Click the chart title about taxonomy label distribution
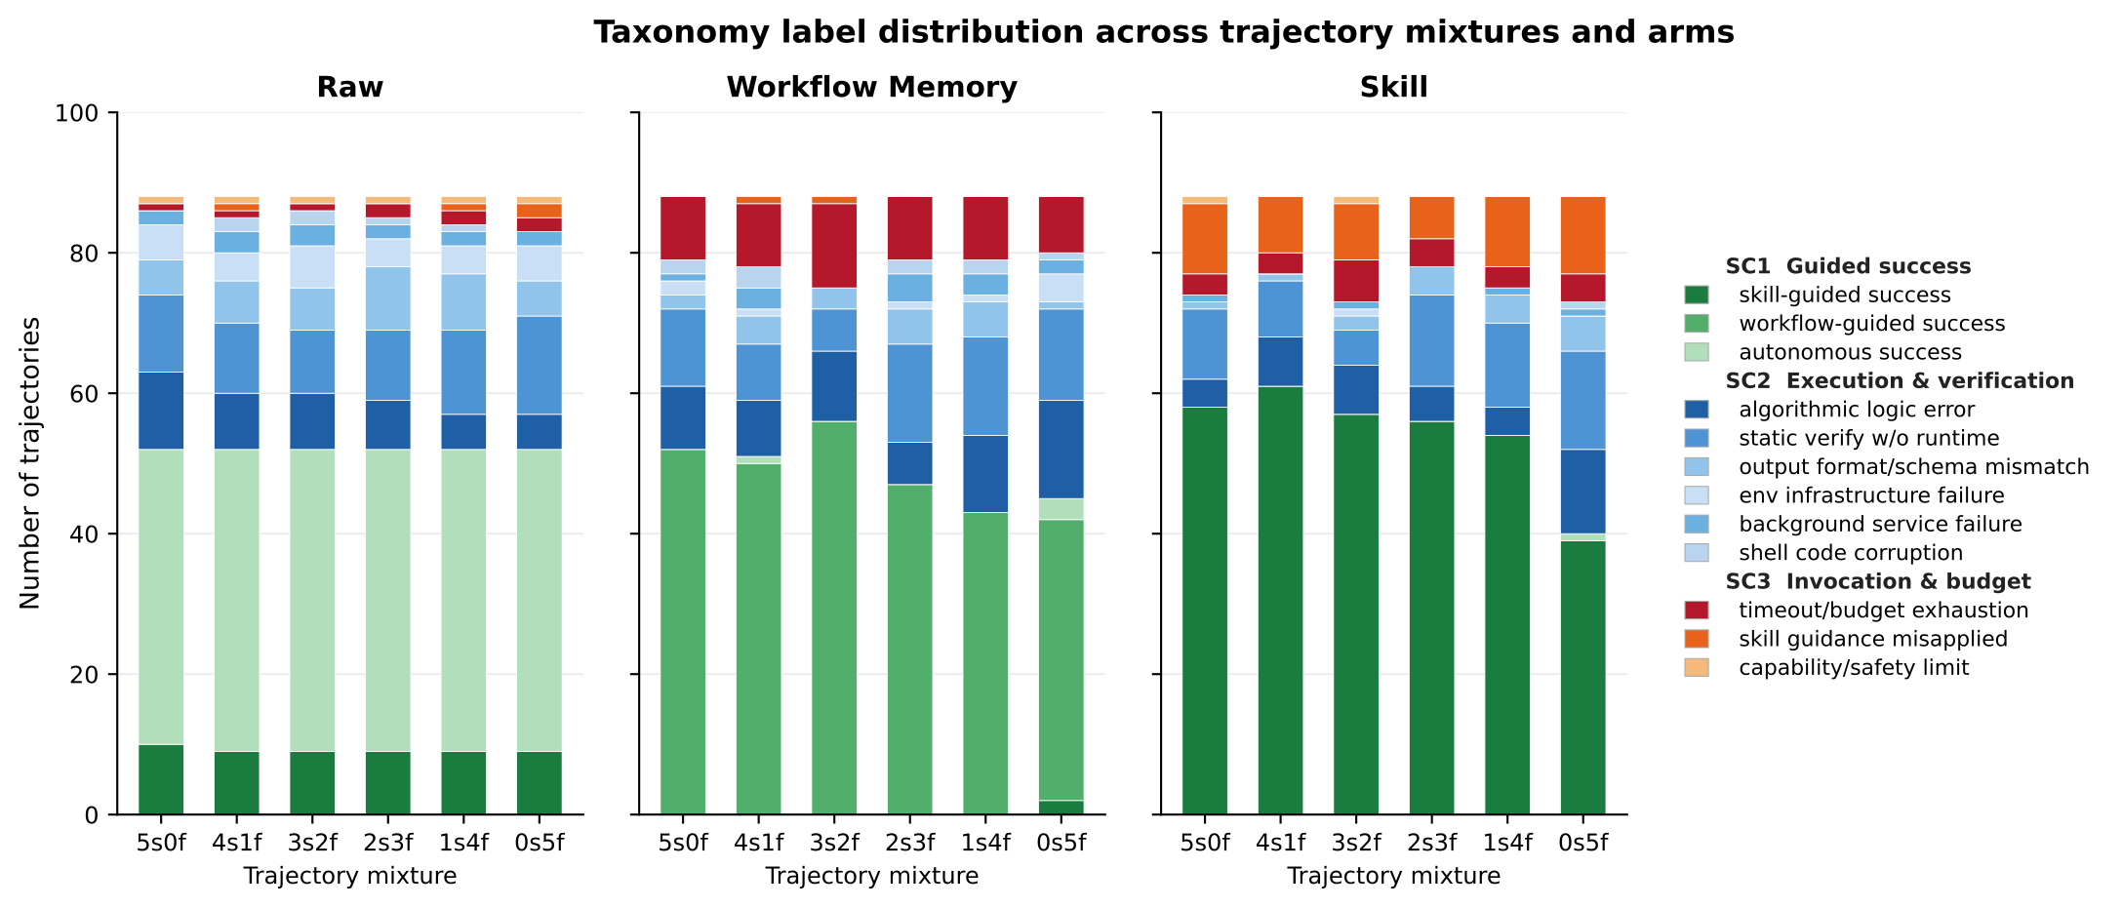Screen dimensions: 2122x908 [x=1164, y=32]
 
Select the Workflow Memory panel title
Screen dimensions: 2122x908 [x=871, y=88]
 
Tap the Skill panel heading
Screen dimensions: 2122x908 [x=1393, y=88]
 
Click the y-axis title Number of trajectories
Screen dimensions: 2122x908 [x=30, y=463]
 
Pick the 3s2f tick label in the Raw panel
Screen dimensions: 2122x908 [x=312, y=842]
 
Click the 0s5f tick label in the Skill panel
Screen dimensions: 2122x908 [x=1582, y=842]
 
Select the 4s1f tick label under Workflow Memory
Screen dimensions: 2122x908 [x=758, y=842]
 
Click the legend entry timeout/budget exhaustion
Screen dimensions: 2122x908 [x=1883, y=611]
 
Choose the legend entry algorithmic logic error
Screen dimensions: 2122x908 [x=1857, y=410]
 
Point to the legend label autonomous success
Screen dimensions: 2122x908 [x=1850, y=352]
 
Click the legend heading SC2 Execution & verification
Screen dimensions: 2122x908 [x=1900, y=380]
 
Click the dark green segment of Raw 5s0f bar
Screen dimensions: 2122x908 [x=161, y=779]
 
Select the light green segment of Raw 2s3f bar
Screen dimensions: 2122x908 [x=387, y=600]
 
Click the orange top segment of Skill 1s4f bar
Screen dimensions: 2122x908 [x=1507, y=232]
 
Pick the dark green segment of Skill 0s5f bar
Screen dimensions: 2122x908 [x=1582, y=678]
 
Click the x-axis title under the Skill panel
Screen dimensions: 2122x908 [x=1393, y=876]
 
